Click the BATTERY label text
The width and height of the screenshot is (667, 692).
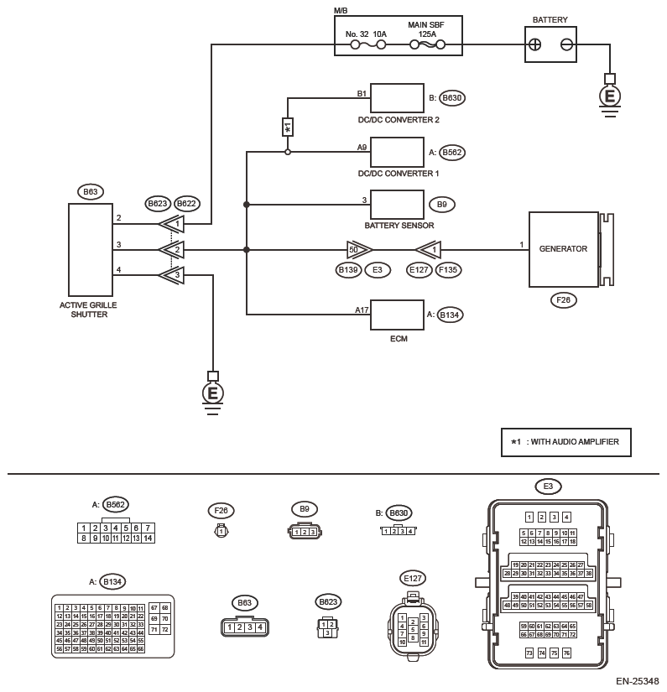[x=550, y=19]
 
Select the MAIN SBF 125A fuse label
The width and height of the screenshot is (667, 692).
[x=425, y=30]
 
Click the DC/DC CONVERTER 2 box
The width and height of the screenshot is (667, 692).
[x=397, y=98]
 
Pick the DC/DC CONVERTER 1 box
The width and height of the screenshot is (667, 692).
[x=397, y=153]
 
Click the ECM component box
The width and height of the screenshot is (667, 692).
[x=397, y=315]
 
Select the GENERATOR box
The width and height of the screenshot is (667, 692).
[x=563, y=250]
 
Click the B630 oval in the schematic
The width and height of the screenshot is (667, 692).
[x=451, y=98]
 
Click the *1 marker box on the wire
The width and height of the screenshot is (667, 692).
[x=287, y=127]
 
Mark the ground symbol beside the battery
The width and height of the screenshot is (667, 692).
[x=610, y=94]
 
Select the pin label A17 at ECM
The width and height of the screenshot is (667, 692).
[x=361, y=310]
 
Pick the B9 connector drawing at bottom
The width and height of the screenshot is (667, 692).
[x=304, y=531]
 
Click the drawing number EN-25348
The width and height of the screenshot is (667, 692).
[x=637, y=680]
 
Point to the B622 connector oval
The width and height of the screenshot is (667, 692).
[x=187, y=203]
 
